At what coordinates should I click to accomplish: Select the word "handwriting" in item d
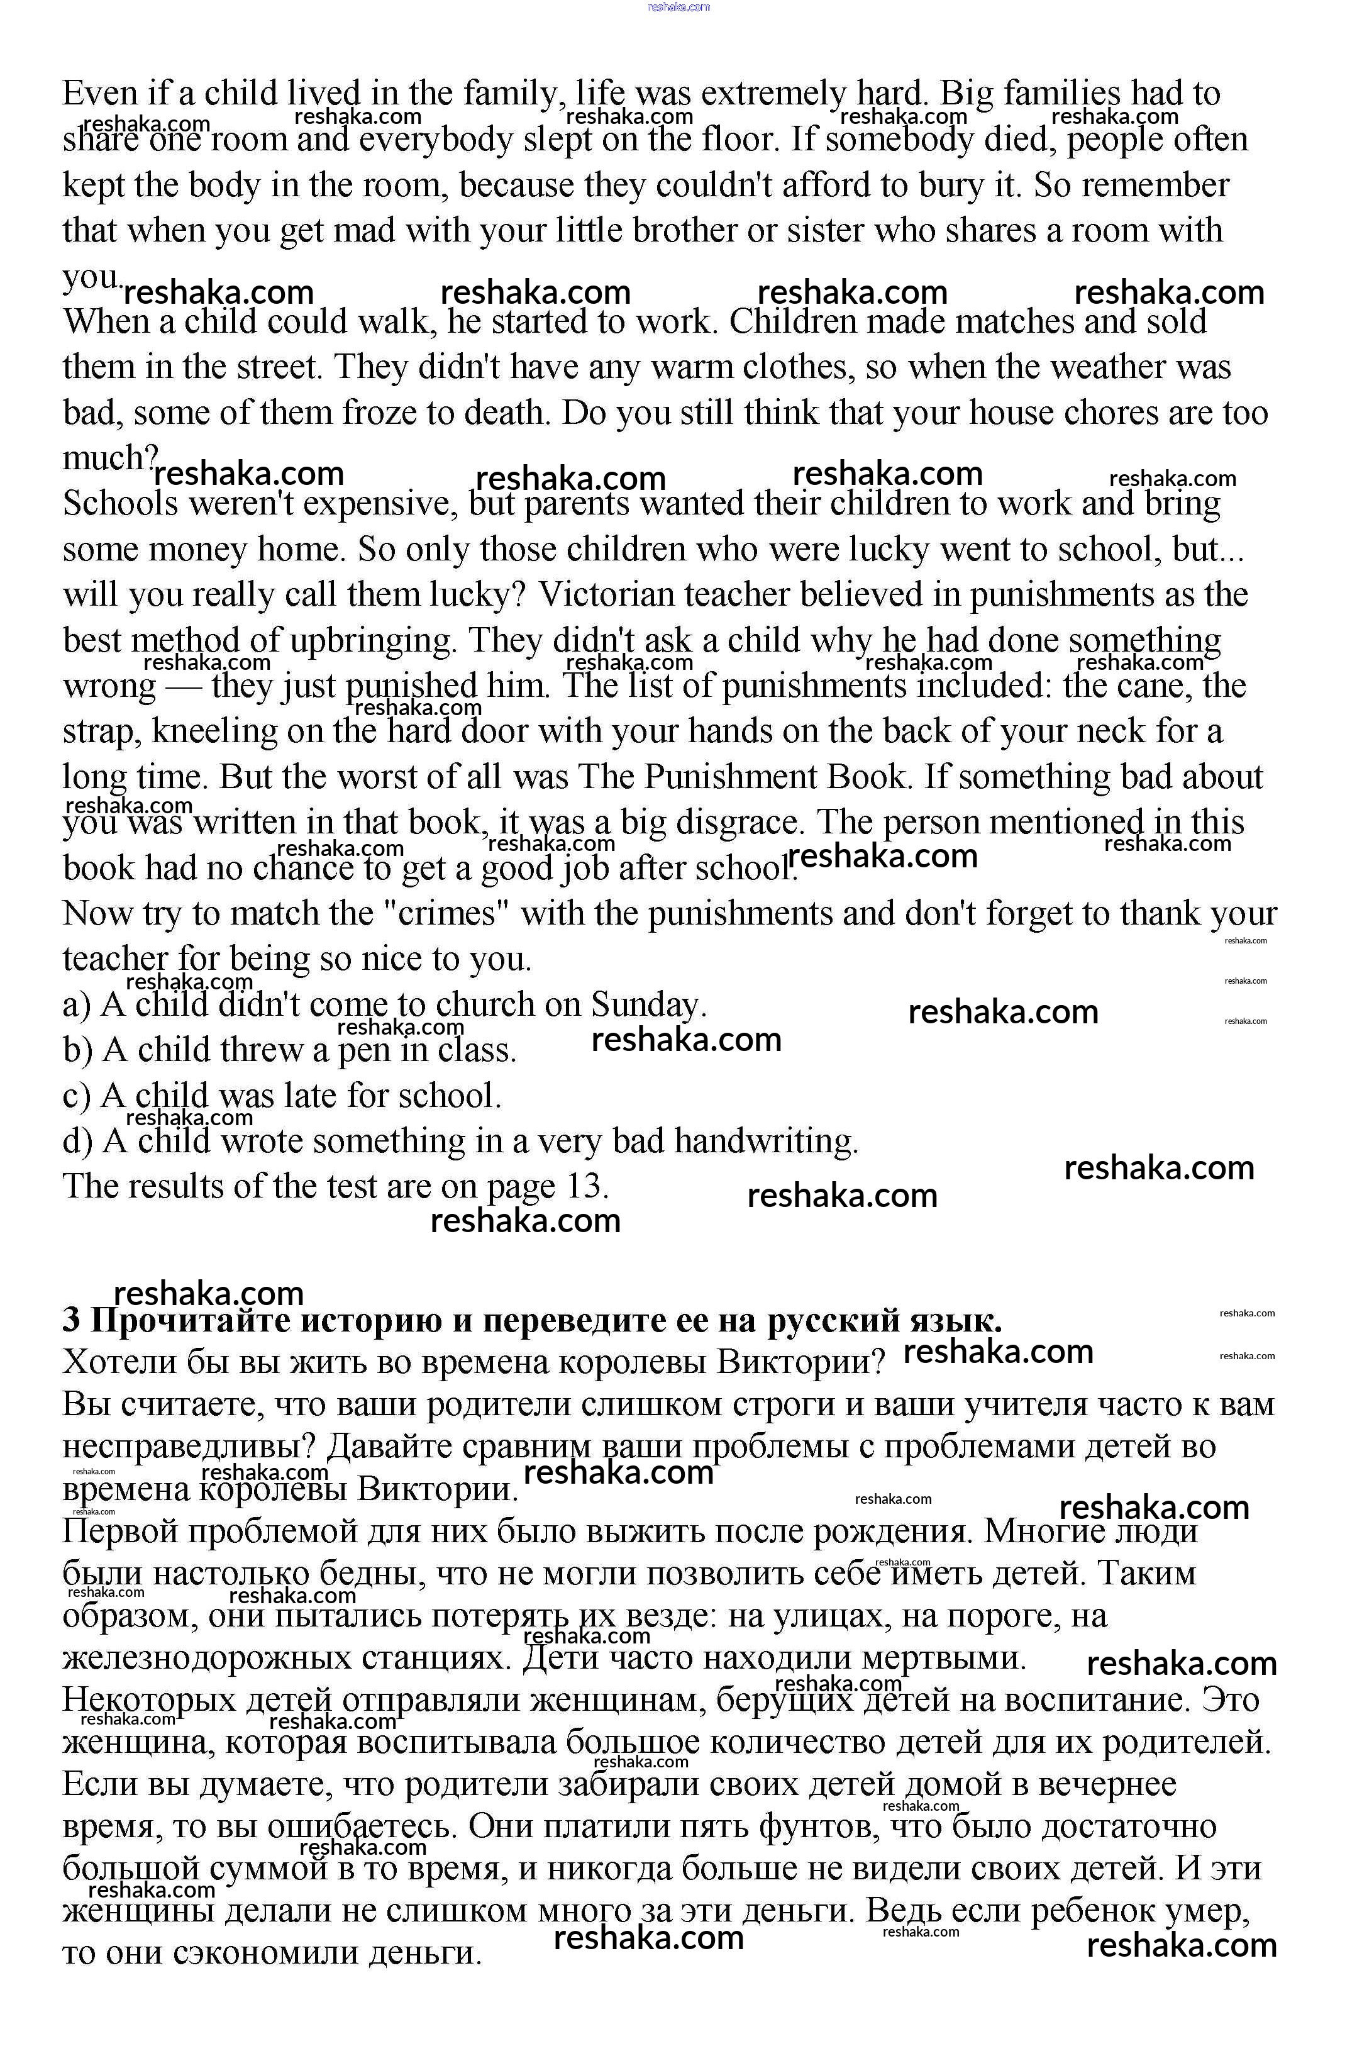click(x=765, y=1142)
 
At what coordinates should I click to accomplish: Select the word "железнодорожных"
click(x=206, y=1659)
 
